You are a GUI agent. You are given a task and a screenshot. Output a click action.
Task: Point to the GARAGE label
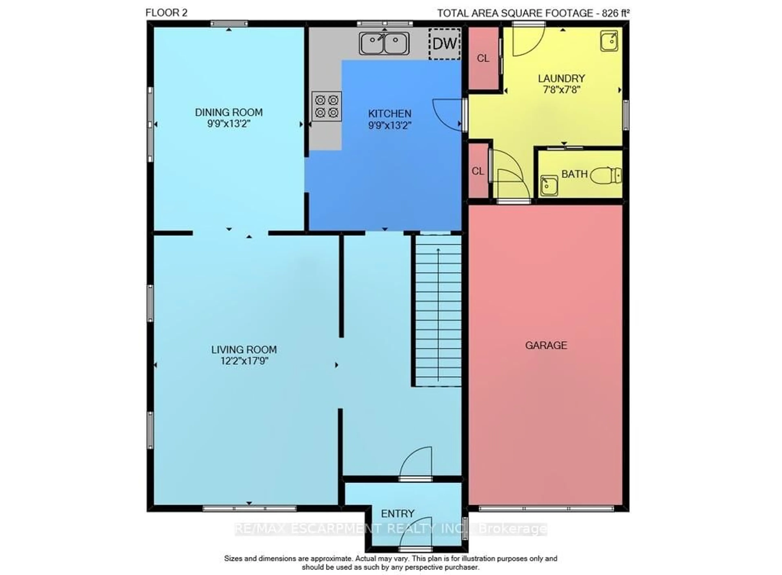546,345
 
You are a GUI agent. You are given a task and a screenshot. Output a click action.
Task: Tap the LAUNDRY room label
561,78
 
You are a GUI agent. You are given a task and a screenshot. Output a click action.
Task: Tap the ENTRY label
397,513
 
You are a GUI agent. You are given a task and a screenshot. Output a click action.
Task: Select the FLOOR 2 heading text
166,13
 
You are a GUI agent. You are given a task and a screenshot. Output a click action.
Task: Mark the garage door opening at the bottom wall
546,509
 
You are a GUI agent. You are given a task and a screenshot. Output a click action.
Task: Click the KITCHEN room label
390,113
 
